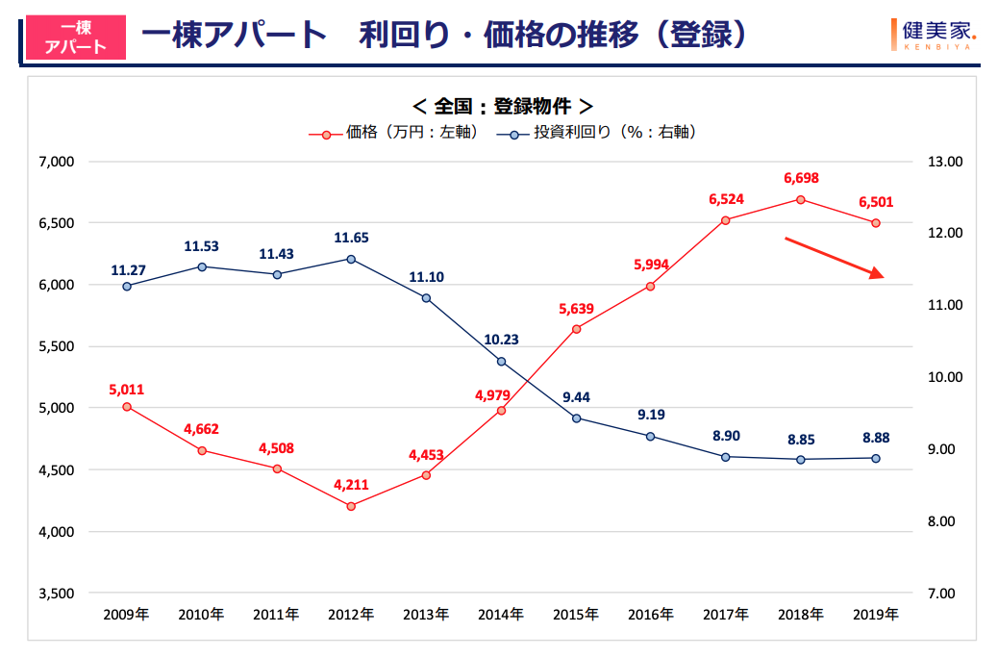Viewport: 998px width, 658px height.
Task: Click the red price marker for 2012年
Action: tap(351, 506)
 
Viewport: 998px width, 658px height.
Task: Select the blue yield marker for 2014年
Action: tap(501, 361)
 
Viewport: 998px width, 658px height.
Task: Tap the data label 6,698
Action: tap(800, 178)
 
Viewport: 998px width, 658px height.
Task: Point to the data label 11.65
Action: tap(351, 238)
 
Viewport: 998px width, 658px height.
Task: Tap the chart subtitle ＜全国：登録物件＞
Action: tap(501, 106)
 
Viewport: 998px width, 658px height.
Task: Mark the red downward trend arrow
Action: tap(835, 258)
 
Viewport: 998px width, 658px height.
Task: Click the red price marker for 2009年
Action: tap(127, 407)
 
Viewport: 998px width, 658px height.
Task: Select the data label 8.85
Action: tap(800, 440)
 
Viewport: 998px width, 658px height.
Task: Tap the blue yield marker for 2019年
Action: tap(875, 458)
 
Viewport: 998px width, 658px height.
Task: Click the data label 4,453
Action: tap(426, 455)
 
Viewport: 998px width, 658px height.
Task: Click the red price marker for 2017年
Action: tap(726, 220)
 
